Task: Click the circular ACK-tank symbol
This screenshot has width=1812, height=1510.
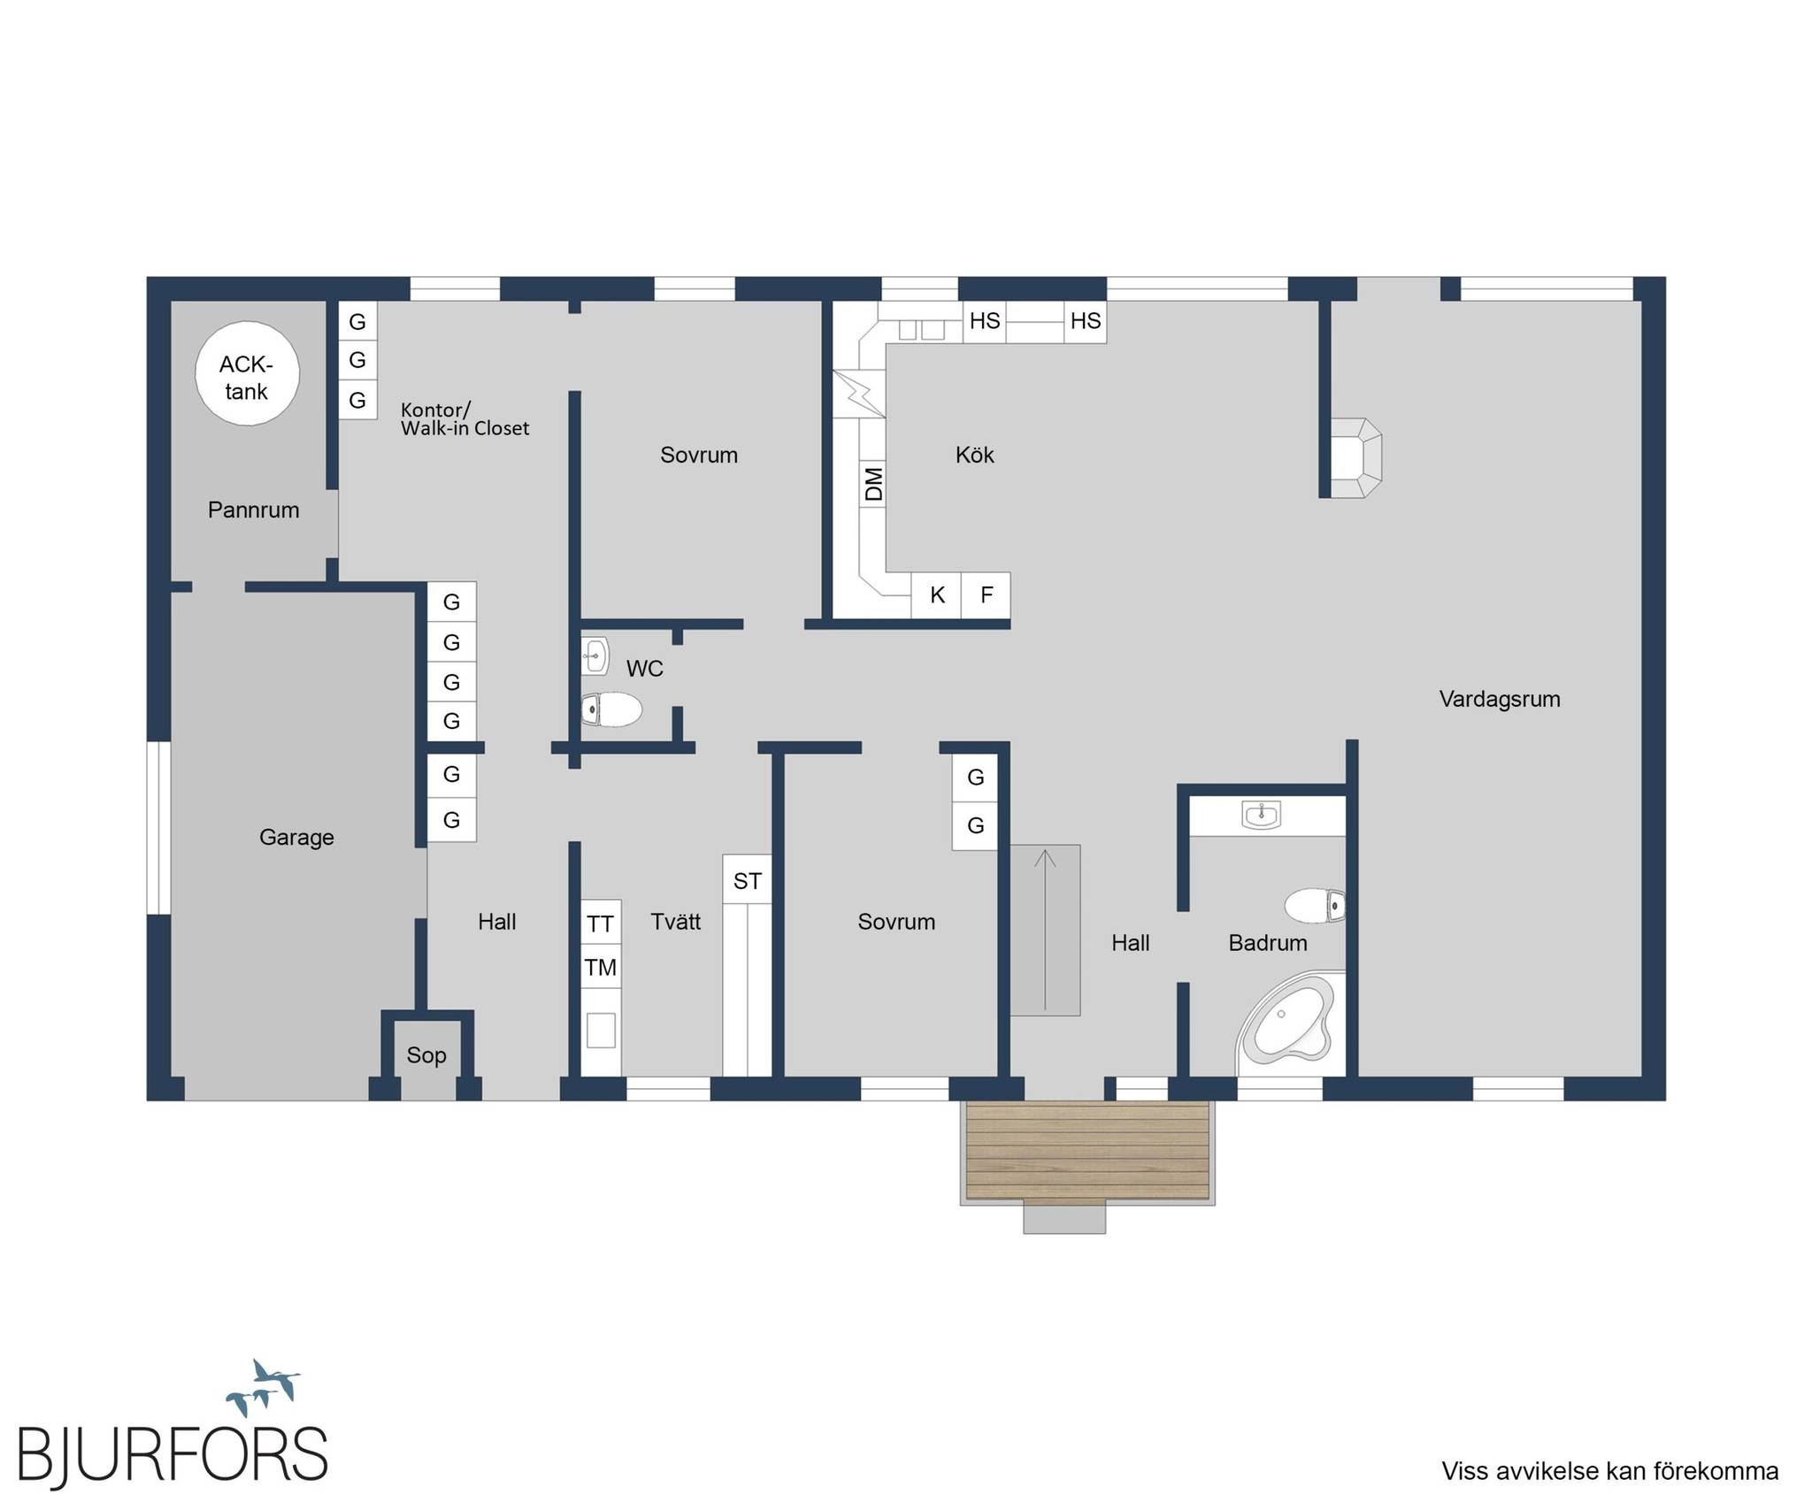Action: [247, 373]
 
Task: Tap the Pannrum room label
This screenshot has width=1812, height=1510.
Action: [253, 510]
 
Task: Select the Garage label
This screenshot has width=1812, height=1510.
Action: [296, 837]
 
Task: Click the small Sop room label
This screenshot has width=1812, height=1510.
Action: [426, 1054]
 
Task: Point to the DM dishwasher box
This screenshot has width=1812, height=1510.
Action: [873, 484]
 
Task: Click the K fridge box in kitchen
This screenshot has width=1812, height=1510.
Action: [937, 595]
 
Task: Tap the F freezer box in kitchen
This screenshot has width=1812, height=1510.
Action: [987, 595]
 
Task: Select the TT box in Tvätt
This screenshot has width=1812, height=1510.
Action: [601, 924]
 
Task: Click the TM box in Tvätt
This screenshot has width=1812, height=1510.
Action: [601, 968]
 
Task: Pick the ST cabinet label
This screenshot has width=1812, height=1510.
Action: [748, 881]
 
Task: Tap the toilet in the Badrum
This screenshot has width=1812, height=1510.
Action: [1315, 906]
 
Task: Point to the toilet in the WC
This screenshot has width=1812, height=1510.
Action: [611, 709]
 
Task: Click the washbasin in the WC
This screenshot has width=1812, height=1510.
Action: [595, 656]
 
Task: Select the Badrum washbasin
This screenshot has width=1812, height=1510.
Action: [1261, 815]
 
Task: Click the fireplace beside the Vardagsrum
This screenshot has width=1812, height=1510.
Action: [1356, 457]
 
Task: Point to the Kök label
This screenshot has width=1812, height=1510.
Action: [975, 455]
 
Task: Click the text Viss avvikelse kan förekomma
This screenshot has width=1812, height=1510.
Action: [1610, 1471]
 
